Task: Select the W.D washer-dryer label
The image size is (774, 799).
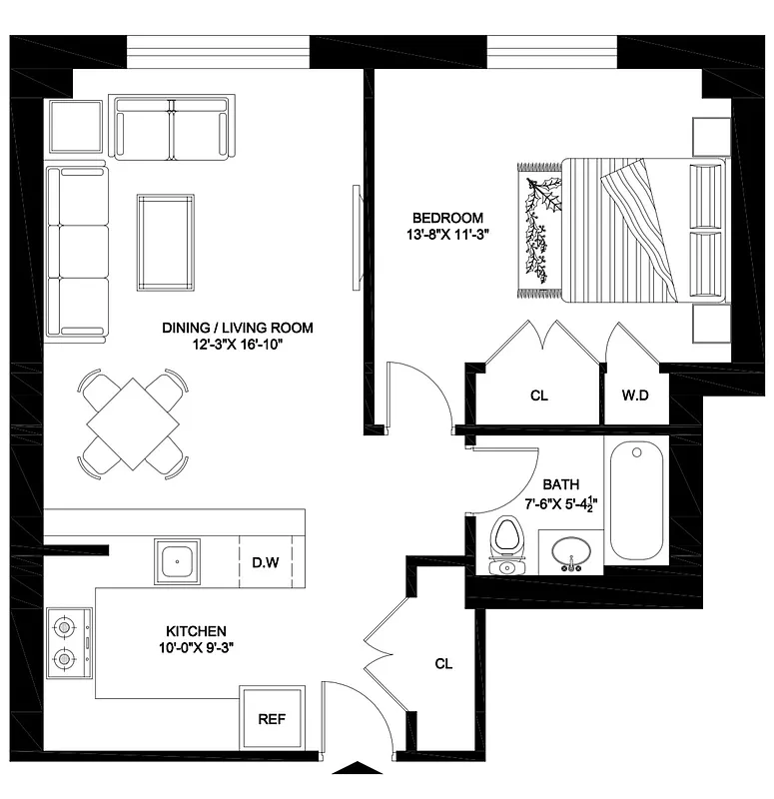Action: click(635, 396)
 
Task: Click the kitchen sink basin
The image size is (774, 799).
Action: click(178, 561)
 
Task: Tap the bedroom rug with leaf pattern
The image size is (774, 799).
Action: click(537, 231)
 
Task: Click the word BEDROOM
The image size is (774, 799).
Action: click(448, 218)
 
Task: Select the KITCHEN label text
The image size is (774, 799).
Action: click(196, 631)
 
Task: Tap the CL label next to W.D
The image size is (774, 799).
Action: click(539, 396)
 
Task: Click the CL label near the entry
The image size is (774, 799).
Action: click(444, 663)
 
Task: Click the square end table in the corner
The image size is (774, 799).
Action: click(76, 127)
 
